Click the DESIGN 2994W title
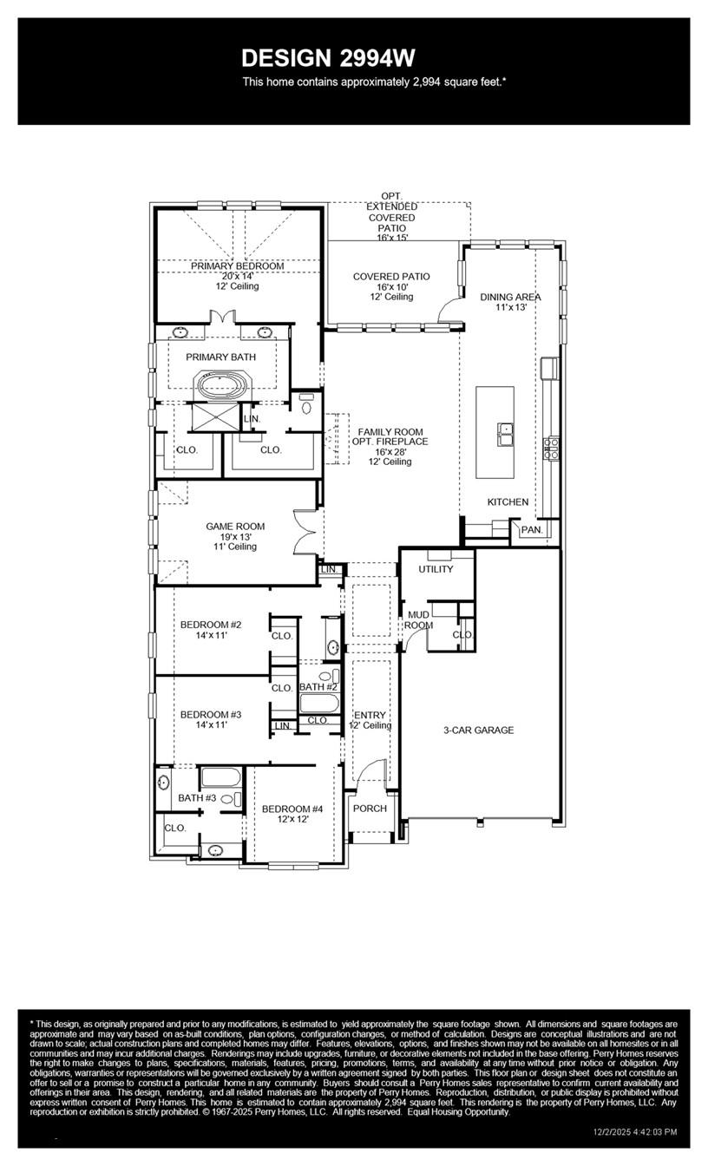point(328,58)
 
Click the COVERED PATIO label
point(390,277)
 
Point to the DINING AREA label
point(510,297)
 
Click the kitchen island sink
point(505,431)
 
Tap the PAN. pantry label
point(531,529)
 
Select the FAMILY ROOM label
point(390,432)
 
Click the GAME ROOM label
point(235,526)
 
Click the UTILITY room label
point(436,569)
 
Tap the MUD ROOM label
point(418,619)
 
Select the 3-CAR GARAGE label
point(478,730)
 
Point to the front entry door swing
point(373,772)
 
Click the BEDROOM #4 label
point(292,809)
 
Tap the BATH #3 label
point(197,797)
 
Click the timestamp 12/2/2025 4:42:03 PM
point(634,1131)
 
